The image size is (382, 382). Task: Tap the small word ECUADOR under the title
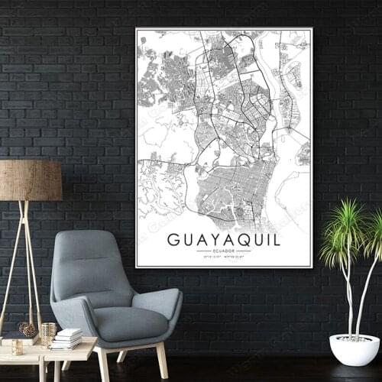click(x=223, y=251)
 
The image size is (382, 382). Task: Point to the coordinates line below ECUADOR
click(x=223, y=257)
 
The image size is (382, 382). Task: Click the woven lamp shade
click(x=30, y=180)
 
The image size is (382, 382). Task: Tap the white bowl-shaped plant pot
click(x=354, y=349)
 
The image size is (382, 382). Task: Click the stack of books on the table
click(x=69, y=337)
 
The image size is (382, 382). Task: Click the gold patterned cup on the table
click(x=48, y=334)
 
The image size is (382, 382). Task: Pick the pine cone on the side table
click(x=28, y=330)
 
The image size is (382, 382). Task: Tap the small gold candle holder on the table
click(x=17, y=347)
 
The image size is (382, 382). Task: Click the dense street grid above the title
click(x=229, y=187)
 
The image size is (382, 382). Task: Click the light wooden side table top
click(x=46, y=351)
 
